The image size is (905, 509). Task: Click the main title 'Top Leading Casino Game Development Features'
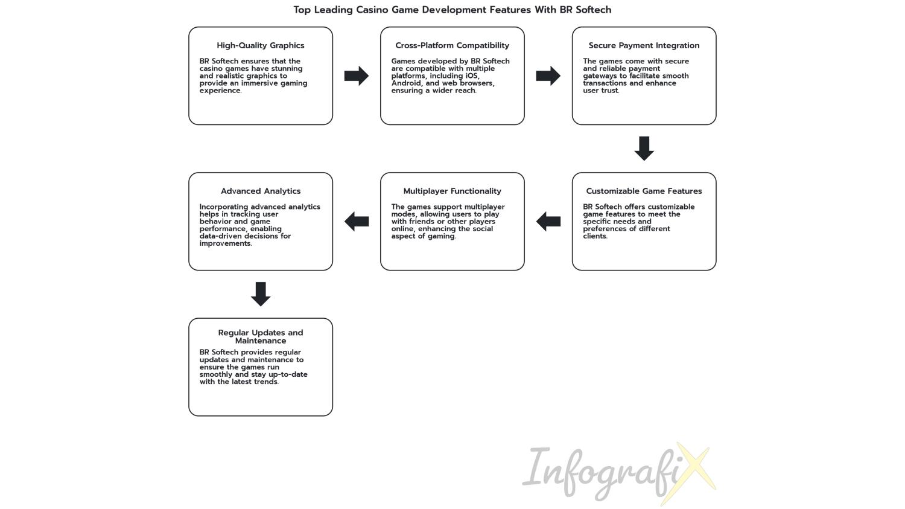[x=412, y=10]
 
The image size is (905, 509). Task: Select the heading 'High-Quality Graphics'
[x=261, y=45]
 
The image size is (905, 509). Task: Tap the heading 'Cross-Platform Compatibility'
[x=452, y=45]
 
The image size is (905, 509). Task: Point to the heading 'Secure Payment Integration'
[x=644, y=45]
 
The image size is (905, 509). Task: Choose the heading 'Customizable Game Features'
[x=644, y=191]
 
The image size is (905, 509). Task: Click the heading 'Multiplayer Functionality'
[x=452, y=191]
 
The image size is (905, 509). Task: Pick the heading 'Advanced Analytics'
[x=261, y=191]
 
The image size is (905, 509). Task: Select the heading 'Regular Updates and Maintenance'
[x=261, y=336]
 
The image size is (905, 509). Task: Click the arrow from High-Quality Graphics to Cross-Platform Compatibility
[x=357, y=75]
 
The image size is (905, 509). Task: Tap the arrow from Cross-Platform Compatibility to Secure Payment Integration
[x=548, y=75]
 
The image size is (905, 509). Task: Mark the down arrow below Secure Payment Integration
[x=644, y=149]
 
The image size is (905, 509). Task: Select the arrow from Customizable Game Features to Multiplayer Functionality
[x=548, y=221]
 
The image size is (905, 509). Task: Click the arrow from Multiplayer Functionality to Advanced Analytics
[x=357, y=221]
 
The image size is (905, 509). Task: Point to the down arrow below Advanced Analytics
[x=261, y=294]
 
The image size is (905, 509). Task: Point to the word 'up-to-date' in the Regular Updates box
[x=288, y=374]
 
